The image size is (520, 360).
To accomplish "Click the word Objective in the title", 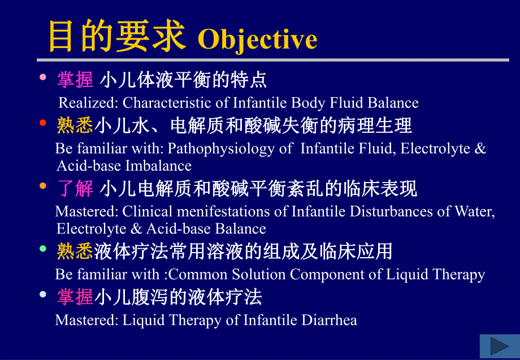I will point(258,39).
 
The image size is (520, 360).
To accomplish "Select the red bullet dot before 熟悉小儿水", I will point(43,123).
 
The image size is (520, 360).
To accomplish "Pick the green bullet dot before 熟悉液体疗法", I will point(43,249).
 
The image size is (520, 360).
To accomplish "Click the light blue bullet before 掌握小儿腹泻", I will point(43,294).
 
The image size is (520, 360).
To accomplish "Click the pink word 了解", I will point(76,188).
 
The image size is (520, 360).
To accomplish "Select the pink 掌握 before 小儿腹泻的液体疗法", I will point(75,297).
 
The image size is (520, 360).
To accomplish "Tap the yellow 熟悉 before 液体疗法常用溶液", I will point(75,251).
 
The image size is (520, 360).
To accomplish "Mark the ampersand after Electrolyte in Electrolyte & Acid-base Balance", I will point(137,229).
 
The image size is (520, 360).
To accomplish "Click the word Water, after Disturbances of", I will point(475,212).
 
